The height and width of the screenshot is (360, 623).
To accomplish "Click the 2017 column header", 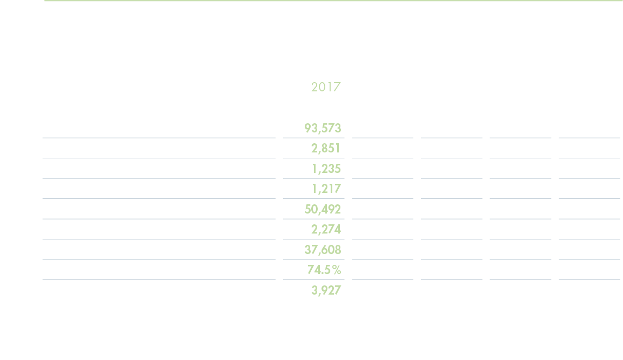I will click(326, 87).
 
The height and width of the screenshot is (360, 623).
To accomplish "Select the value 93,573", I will click(323, 128).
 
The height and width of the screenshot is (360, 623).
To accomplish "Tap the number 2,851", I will click(326, 148).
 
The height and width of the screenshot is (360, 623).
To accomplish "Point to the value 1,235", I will click(326, 169).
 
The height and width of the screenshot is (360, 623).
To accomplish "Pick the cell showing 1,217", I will click(326, 189).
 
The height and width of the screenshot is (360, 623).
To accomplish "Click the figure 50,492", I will click(323, 209).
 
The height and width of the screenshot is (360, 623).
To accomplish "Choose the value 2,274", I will click(326, 229).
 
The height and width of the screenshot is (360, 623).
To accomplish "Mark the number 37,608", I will click(323, 250).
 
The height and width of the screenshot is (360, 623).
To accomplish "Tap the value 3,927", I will click(326, 290).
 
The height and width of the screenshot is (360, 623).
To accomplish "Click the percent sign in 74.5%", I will click(336, 270).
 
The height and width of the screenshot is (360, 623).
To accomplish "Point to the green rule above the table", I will click(333, 1).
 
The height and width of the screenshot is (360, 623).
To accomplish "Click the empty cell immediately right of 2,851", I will click(383, 148).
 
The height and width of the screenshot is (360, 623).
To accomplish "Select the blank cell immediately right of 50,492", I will click(383, 209).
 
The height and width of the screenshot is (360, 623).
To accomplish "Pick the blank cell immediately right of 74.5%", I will click(383, 270).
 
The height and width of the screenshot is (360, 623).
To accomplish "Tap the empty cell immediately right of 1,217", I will click(383, 189).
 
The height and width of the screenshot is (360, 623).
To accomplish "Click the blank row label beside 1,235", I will click(158, 169).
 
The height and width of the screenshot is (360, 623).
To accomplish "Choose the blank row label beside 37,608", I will click(158, 250).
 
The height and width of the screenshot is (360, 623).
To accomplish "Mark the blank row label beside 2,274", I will click(158, 229).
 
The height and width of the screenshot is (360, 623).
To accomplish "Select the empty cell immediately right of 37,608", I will click(383, 250).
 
